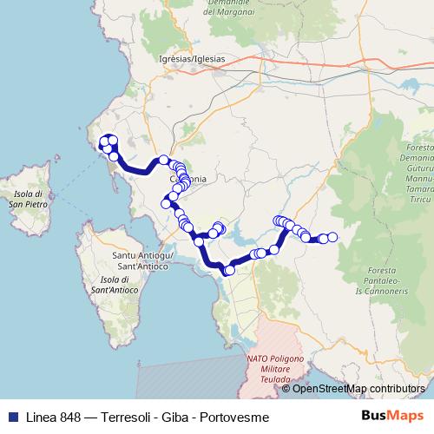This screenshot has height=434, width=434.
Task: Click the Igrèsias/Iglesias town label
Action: tap(192, 58)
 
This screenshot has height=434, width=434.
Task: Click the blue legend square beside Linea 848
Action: tap(10, 417)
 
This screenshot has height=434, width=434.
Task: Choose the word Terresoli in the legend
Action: tap(127, 417)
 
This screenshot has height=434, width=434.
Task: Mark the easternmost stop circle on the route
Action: tap(332, 237)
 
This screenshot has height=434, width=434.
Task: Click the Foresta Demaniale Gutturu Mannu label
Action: tap(417, 171)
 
